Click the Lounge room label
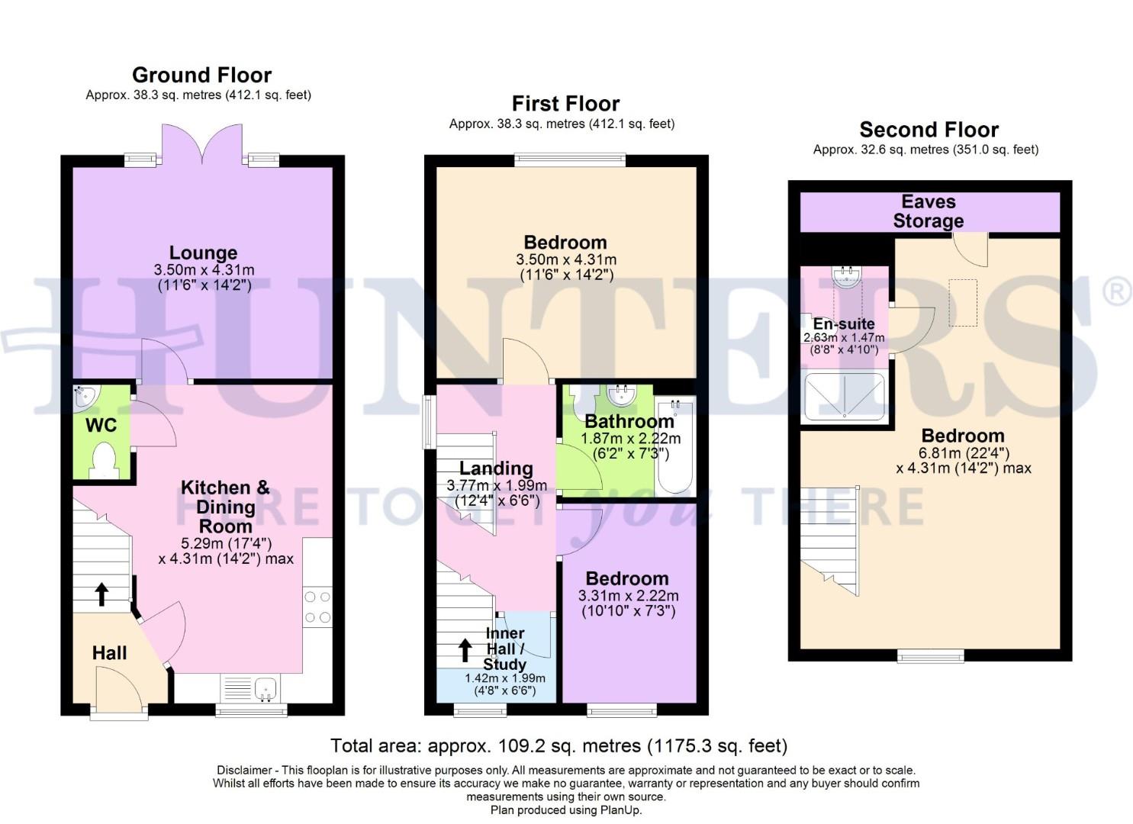(x=203, y=253)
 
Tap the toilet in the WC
(x=102, y=461)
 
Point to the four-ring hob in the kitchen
(x=317, y=607)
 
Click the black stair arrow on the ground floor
(x=101, y=594)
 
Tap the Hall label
(x=109, y=653)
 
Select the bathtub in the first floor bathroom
(x=675, y=446)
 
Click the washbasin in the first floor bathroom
(x=622, y=394)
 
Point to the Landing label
(x=496, y=468)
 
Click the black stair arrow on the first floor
(x=464, y=650)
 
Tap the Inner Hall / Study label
(x=504, y=649)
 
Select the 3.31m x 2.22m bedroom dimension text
(x=628, y=604)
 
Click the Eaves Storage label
(x=928, y=211)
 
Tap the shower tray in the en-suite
(x=845, y=397)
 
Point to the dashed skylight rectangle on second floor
(x=962, y=303)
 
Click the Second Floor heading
(x=929, y=130)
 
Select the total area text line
(x=558, y=745)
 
